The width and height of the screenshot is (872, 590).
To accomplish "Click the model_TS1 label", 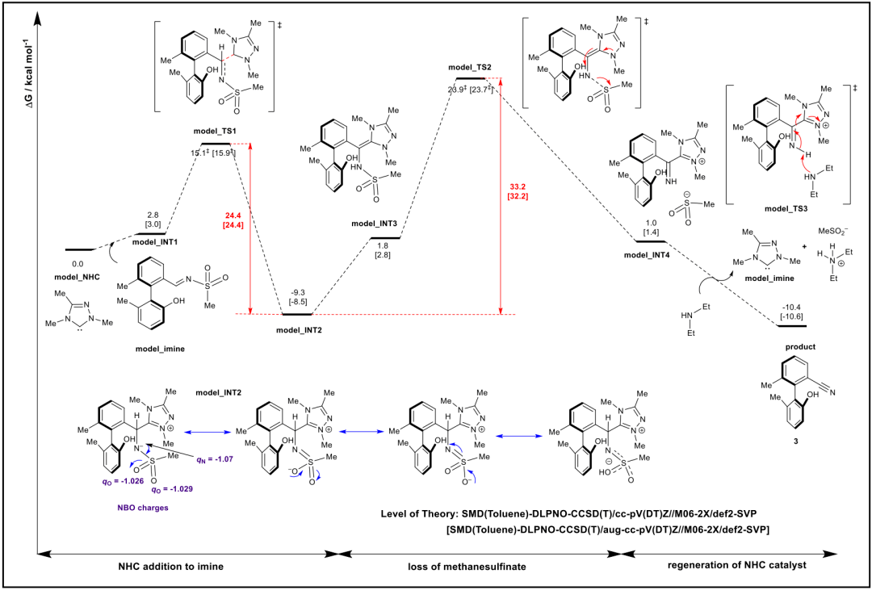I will coord(214,132).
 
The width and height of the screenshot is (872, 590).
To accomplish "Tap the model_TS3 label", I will coord(788,209).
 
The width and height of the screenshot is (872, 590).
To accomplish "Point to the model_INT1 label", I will coord(155,242).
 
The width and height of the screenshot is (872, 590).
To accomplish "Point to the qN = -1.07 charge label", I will coord(214,460).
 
